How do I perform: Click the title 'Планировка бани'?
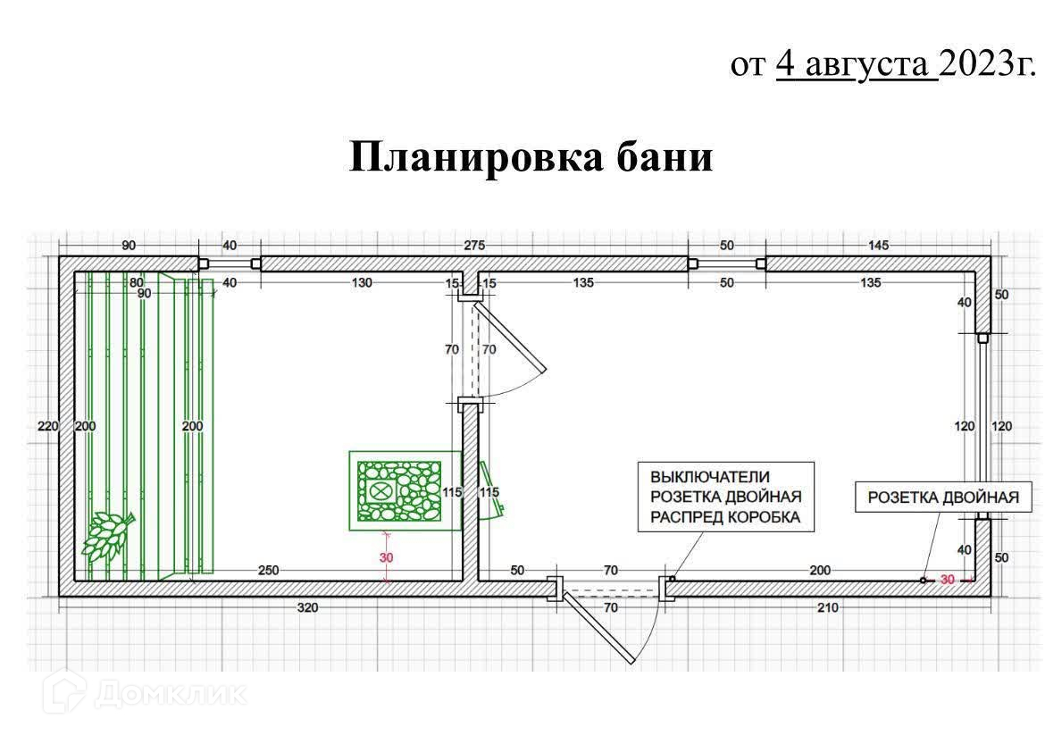click(531, 157)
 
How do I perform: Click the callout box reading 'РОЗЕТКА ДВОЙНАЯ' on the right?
click(942, 497)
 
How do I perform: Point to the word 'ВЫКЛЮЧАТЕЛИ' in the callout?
click(709, 476)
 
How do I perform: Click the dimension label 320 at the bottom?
click(308, 607)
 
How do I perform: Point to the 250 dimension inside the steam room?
click(269, 570)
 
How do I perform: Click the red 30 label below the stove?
click(387, 558)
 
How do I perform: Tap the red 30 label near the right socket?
click(947, 580)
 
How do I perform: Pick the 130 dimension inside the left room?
click(361, 283)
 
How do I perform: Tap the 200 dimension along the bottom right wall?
click(819, 570)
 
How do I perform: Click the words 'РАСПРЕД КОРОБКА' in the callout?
click(725, 516)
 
